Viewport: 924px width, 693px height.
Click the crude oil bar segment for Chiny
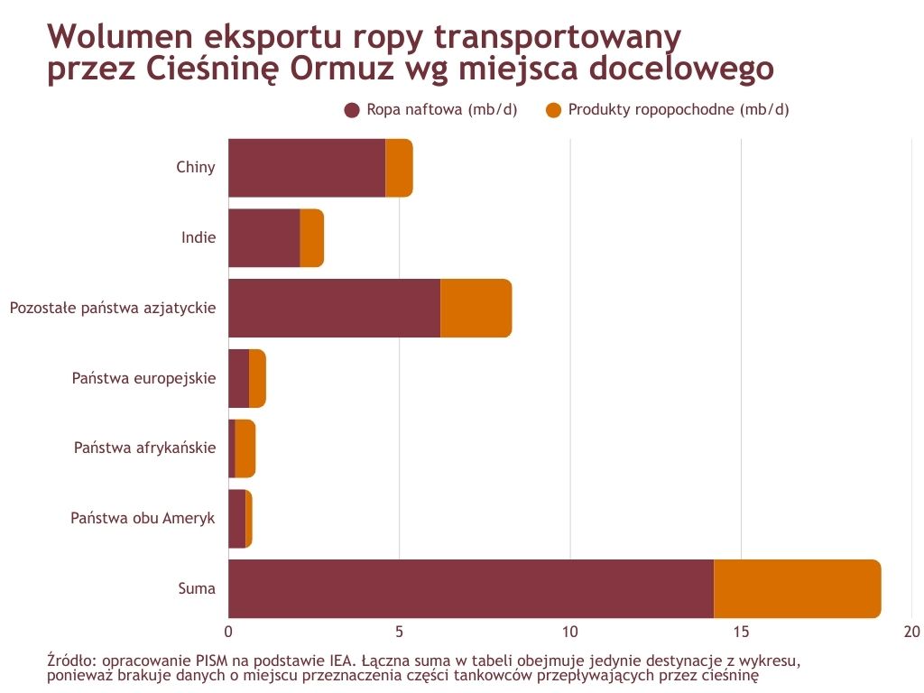pos(307,168)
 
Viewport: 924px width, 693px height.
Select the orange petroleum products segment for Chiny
pos(399,168)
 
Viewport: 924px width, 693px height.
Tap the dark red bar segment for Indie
pos(263,238)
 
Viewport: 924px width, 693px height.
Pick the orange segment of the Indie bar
pos(311,238)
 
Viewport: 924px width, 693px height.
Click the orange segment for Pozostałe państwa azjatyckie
pos(476,309)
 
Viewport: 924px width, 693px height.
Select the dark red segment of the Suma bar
pos(470,588)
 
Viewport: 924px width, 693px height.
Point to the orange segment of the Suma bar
pos(797,588)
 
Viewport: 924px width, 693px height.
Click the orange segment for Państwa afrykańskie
pos(245,448)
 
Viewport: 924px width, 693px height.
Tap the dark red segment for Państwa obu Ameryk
pos(236,518)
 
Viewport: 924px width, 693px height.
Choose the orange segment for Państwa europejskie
pos(257,378)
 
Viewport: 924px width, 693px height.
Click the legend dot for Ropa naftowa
pos(352,110)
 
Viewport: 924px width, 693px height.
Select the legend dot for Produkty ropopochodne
pos(554,110)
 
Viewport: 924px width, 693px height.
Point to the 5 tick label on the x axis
pos(399,631)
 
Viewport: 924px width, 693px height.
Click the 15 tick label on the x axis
pos(741,631)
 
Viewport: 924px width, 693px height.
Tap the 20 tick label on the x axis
pos(911,631)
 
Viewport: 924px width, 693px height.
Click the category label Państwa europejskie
pos(143,378)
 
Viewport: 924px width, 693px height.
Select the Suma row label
pos(197,588)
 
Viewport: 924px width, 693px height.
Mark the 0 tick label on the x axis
pos(228,631)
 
